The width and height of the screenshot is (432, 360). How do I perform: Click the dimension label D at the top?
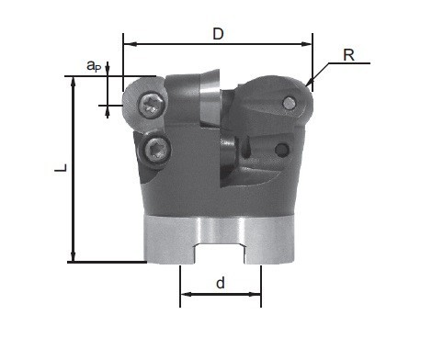[218, 34]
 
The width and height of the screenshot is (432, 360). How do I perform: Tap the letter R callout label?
[348, 55]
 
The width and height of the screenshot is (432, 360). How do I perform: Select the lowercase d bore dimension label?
[221, 283]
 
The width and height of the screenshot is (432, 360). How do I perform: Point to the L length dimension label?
[61, 168]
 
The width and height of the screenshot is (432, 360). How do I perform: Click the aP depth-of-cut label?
[94, 66]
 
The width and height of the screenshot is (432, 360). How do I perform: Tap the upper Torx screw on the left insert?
[152, 106]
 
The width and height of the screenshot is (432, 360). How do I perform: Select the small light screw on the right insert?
[289, 103]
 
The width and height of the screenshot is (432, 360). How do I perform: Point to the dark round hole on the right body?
[281, 150]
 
